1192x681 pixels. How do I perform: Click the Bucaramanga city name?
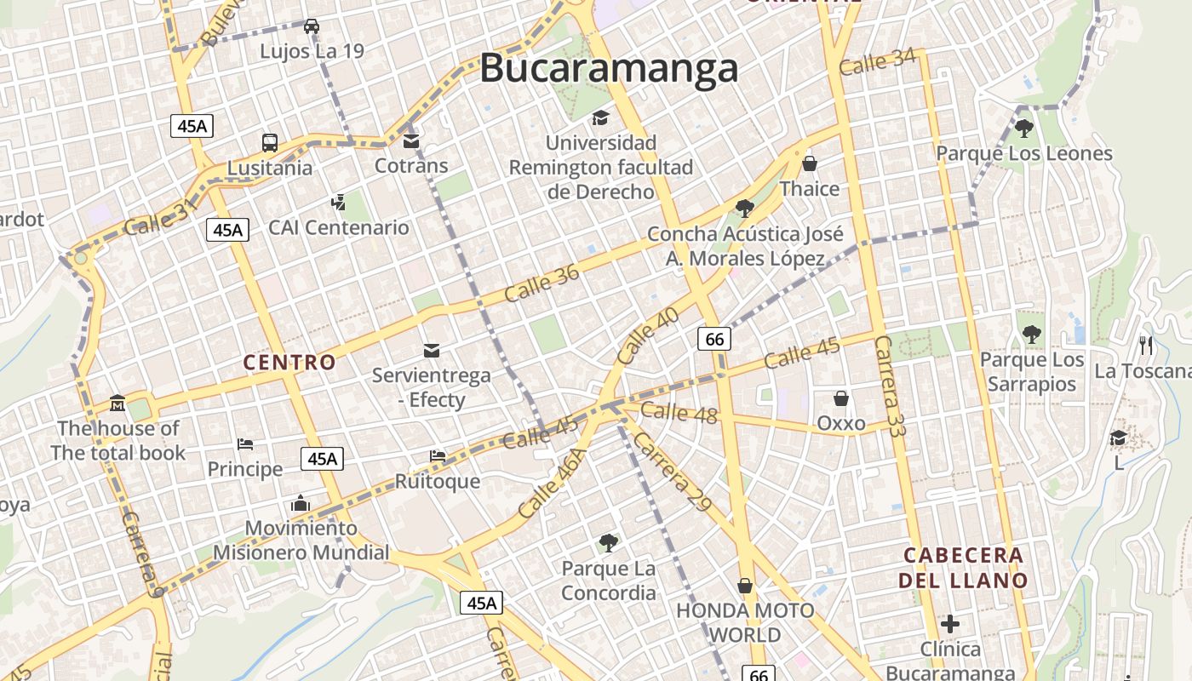click(x=608, y=68)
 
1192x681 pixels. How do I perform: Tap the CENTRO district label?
click(x=289, y=363)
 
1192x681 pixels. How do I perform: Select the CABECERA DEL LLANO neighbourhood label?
click(x=963, y=568)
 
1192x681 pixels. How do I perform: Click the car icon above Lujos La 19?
click(x=312, y=26)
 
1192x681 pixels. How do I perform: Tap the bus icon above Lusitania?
click(x=270, y=142)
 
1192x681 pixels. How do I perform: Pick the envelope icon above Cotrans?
click(x=411, y=140)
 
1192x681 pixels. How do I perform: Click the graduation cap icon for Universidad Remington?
click(x=600, y=117)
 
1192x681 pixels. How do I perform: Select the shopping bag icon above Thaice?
click(x=810, y=163)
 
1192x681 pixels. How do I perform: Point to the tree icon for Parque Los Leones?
click(x=1024, y=129)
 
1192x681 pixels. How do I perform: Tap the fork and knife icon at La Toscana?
click(x=1146, y=345)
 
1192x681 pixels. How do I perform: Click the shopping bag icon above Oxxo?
click(x=841, y=398)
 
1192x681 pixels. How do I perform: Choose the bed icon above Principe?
click(x=245, y=444)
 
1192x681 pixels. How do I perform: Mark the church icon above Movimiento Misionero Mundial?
click(x=300, y=503)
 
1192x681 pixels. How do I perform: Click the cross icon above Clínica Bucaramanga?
click(x=950, y=624)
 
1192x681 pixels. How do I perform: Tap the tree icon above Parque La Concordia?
click(x=608, y=542)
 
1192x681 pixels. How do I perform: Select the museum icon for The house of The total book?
click(x=117, y=403)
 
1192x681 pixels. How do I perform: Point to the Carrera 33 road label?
click(x=891, y=385)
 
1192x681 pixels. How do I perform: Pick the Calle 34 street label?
click(x=877, y=62)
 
